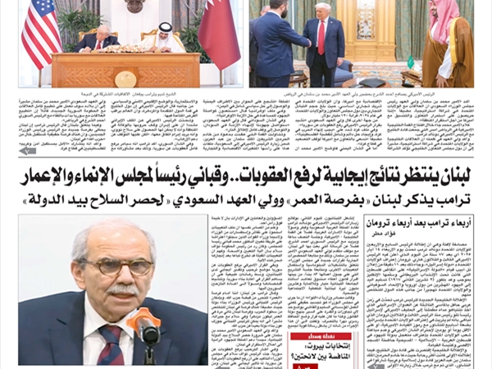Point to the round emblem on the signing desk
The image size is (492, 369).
(125, 79)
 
